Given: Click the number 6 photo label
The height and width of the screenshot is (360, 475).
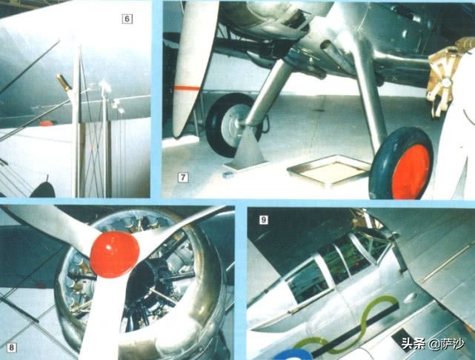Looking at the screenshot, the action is pos(127,19).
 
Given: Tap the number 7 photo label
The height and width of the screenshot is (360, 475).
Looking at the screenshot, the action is pos(183,178).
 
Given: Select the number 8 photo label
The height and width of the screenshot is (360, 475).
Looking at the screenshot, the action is pos(12,347).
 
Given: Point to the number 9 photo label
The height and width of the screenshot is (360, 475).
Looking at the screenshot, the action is pos(264,220).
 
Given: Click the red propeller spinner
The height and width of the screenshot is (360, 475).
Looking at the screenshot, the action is pos(115,254).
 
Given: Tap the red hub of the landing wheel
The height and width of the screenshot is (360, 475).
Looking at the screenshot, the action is pos(411,171).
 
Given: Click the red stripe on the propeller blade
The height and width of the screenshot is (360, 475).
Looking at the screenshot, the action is pos(187,88).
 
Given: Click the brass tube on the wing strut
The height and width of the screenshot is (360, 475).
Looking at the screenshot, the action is pos(64,82).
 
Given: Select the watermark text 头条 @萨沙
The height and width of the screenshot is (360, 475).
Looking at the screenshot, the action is pos(433,344).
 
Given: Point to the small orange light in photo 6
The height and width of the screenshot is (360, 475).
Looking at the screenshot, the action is pos(46,123).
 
